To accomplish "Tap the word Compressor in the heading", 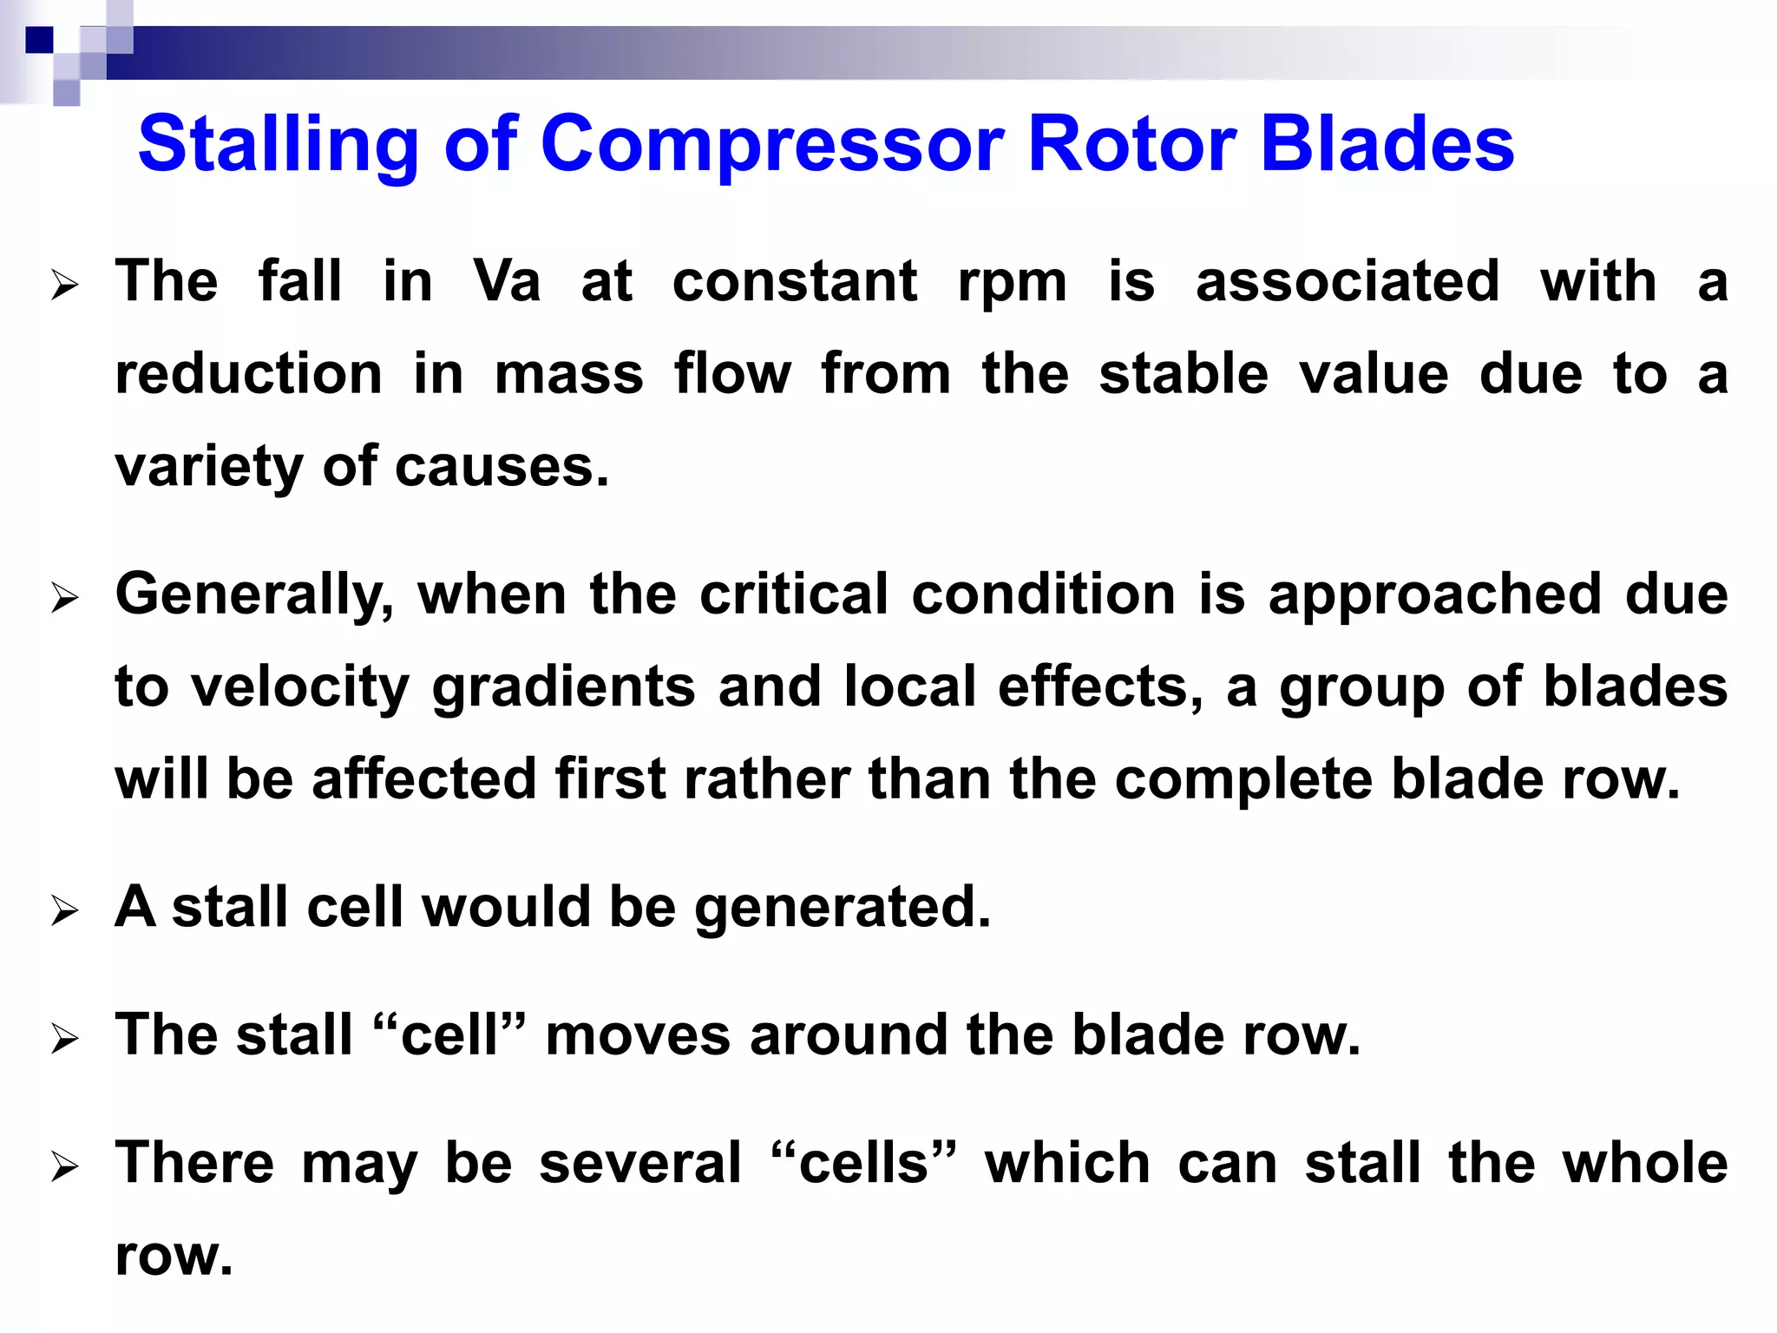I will [x=772, y=145].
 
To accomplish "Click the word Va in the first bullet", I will [x=507, y=282].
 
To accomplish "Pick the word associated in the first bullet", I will [x=1348, y=282].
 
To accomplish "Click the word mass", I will [x=568, y=374].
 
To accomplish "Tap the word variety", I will [x=208, y=468].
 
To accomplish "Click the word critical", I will [x=794, y=594].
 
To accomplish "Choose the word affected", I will [x=423, y=778].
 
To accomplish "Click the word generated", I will [x=842, y=908].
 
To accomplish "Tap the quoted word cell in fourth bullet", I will [x=449, y=1035].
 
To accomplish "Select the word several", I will [x=640, y=1163].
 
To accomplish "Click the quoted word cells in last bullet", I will [x=862, y=1163].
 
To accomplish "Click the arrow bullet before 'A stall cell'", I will [x=64, y=911].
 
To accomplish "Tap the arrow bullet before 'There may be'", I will [x=64, y=1167].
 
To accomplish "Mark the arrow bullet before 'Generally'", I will [x=64, y=599].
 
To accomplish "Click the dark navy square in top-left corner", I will [x=39, y=40].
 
